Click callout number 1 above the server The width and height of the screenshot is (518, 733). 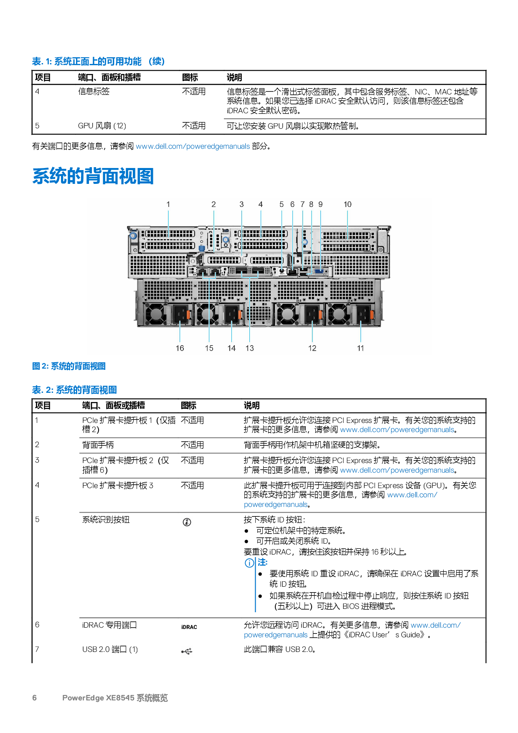tap(168, 204)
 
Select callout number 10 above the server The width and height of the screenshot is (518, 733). tap(348, 204)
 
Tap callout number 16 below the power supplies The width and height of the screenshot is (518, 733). tap(180, 348)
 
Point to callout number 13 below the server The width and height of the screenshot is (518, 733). tap(249, 348)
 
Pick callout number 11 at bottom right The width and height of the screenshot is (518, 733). tap(361, 348)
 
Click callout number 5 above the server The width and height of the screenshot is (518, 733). tap(282, 204)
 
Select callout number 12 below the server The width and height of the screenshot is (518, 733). tap(312, 348)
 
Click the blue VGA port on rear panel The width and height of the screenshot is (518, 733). tap(319, 271)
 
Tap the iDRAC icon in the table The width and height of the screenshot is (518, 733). tap(189, 627)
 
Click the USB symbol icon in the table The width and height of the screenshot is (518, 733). tap(187, 652)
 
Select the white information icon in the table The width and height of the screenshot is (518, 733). tap(187, 522)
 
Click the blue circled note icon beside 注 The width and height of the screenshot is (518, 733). tap(249, 563)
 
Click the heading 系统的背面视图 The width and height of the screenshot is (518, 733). tap(93, 176)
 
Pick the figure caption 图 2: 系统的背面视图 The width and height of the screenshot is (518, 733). tap(69, 366)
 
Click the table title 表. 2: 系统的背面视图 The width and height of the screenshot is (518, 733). tap(74, 390)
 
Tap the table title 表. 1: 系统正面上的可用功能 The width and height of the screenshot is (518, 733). tap(99, 61)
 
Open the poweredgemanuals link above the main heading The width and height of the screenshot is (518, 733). tap(193, 146)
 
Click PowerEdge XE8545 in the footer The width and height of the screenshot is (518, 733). tap(98, 697)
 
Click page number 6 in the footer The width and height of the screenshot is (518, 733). tap(35, 697)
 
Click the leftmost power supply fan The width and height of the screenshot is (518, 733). tap(155, 314)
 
